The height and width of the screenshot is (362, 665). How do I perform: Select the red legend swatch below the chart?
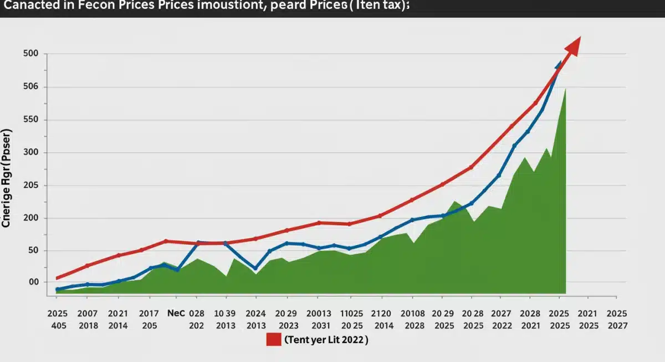click(x=274, y=340)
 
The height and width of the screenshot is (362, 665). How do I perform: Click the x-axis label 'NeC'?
click(x=176, y=313)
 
